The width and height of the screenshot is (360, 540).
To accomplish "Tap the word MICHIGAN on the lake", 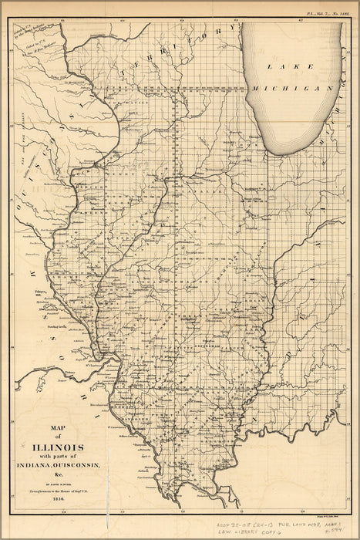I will (294, 89).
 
